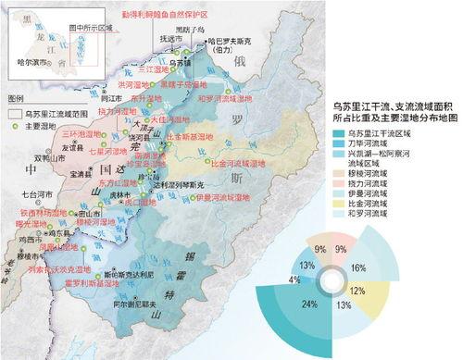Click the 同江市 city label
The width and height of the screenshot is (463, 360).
[111, 96]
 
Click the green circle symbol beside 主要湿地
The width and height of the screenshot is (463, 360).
[14, 125]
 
